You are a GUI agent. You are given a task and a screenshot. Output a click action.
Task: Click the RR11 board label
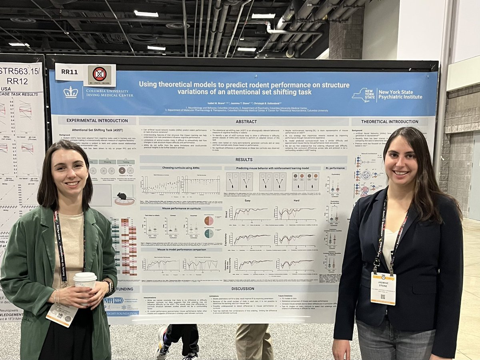point(69,72)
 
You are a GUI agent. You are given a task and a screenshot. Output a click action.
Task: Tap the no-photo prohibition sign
point(99,74)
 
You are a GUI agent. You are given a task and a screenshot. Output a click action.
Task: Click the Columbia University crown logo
point(71,92)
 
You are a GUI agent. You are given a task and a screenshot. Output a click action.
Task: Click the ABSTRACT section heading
point(244,121)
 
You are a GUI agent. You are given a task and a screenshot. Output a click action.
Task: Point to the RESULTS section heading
point(244,159)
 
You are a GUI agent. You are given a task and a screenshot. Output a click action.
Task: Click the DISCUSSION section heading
point(243,288)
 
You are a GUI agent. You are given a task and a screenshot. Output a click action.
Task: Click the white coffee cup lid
point(85,276)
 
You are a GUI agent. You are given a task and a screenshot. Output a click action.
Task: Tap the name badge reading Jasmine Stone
point(383,288)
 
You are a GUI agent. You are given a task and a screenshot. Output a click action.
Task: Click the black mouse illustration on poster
point(122,196)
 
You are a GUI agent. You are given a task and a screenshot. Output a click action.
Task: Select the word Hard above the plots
point(296,201)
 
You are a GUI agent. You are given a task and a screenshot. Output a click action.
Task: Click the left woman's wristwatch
point(109,285)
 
